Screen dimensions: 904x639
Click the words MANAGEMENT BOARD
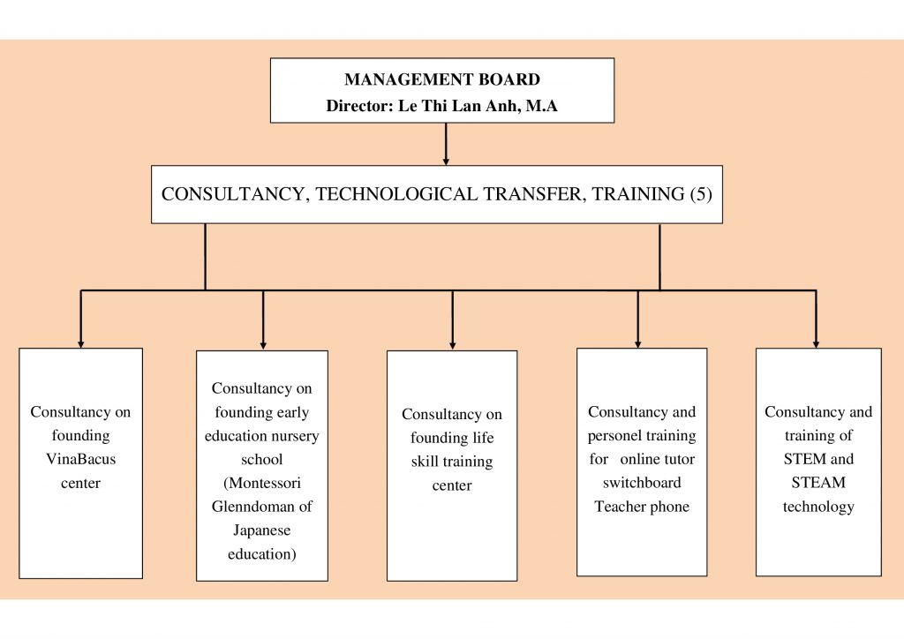coord(442,79)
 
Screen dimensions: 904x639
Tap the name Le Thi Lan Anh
coord(458,106)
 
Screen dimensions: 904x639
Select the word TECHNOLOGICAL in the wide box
coord(396,194)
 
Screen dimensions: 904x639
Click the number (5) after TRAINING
coord(701,194)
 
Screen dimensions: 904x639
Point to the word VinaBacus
coord(80,459)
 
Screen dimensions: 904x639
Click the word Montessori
coord(262,483)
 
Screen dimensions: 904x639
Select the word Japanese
coord(261,530)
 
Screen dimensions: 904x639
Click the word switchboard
coord(642,483)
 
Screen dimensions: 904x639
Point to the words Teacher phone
coord(642,507)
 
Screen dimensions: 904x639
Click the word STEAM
coord(818,483)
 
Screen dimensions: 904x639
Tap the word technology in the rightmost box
coord(818,507)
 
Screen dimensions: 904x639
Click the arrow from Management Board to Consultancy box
coord(446,144)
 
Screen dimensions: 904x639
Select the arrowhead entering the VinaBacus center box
coord(80,344)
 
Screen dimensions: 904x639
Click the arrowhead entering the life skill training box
coord(453,345)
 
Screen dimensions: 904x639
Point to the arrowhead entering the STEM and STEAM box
coord(816,344)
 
